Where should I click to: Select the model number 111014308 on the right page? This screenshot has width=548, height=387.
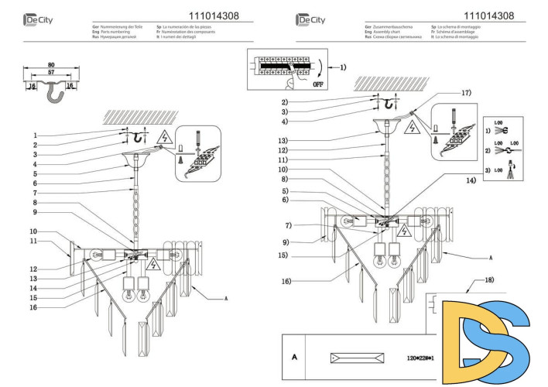(488, 15)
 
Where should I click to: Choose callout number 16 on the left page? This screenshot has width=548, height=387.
(35, 307)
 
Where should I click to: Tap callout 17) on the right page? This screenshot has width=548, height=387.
(465, 93)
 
